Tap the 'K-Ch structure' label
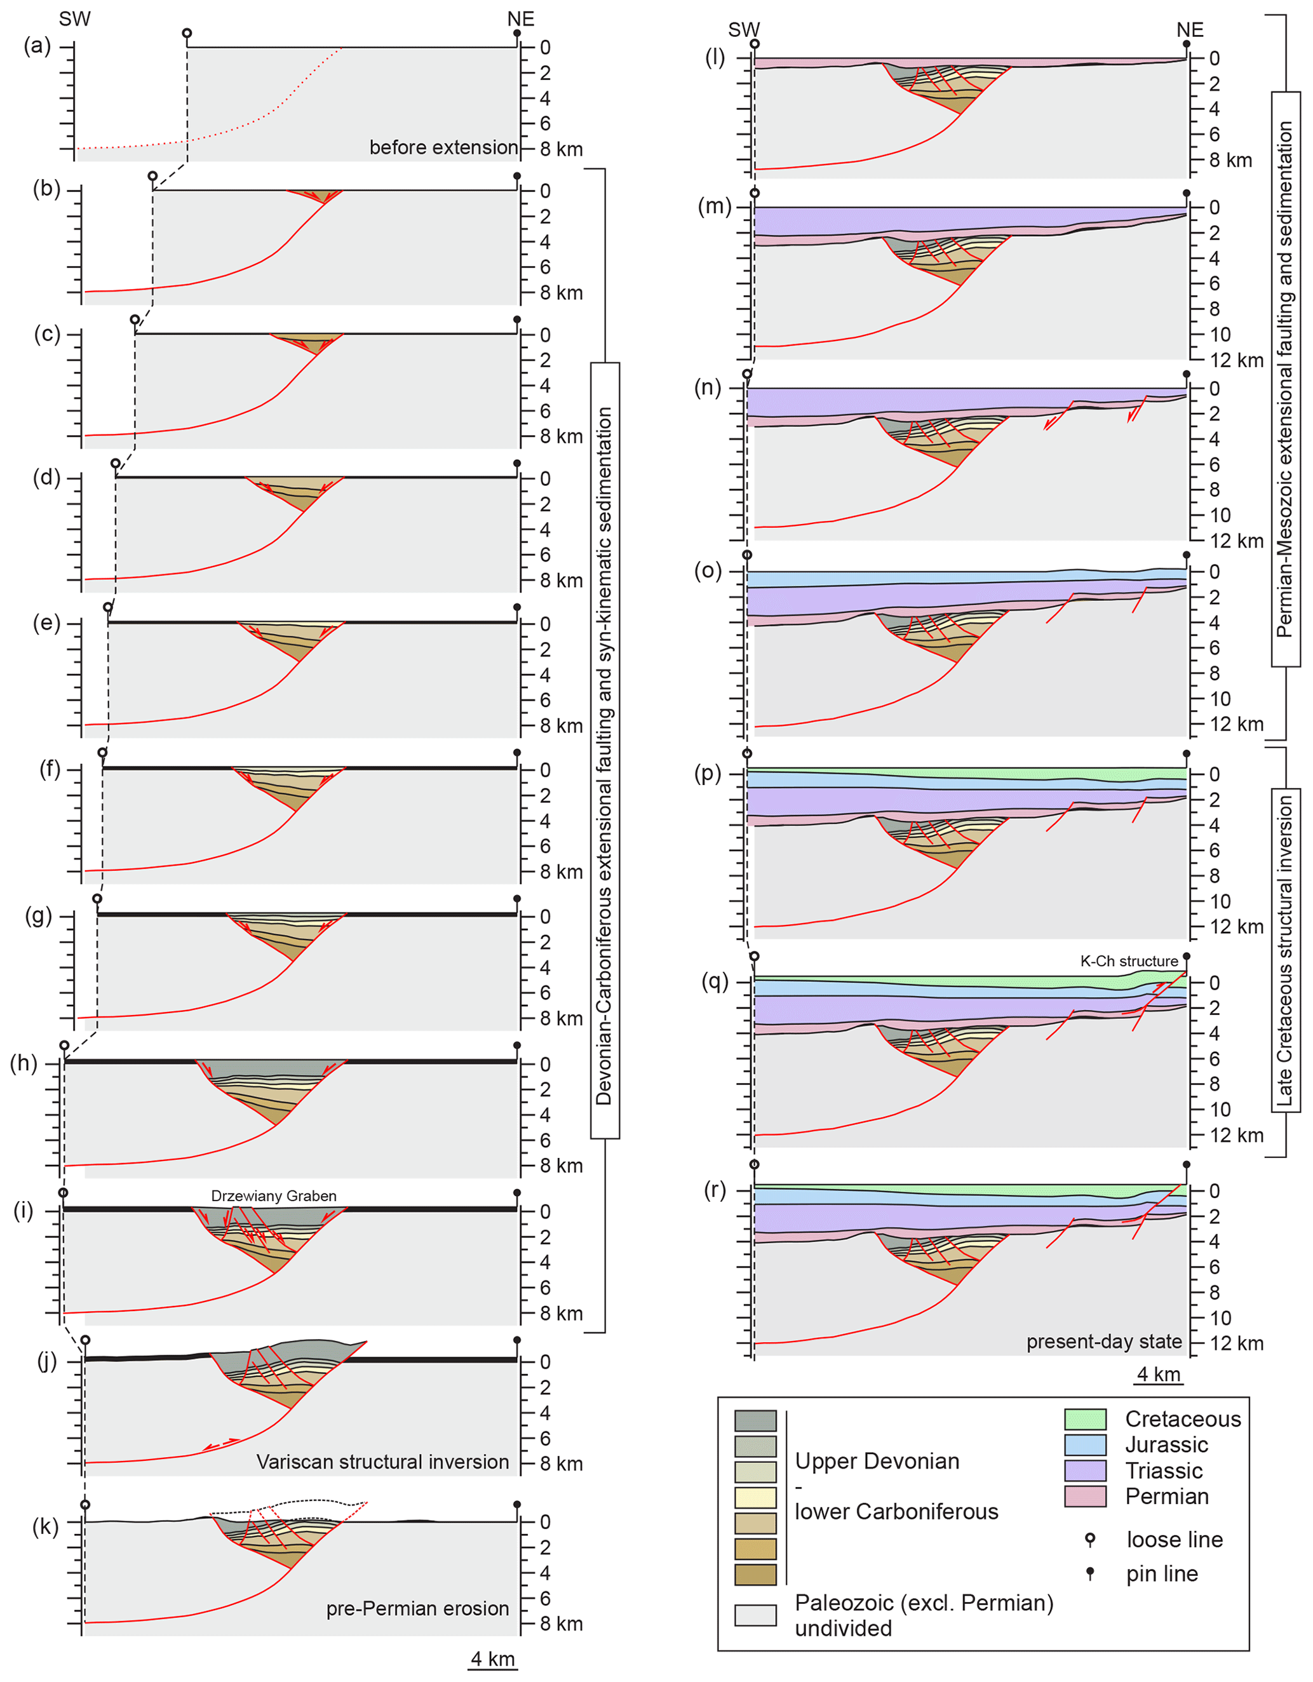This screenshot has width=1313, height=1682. coord(1129,961)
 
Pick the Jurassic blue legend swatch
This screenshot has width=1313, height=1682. coord(1085,1445)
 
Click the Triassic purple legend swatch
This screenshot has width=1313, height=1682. coord(1085,1471)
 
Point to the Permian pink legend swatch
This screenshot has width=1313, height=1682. coord(1085,1497)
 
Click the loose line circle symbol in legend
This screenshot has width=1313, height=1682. coord(1089,1538)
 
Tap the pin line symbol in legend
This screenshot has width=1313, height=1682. coord(1089,1572)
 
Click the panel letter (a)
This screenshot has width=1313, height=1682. coord(37,46)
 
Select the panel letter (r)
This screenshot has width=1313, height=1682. coord(715,1190)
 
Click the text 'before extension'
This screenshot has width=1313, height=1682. coord(443,147)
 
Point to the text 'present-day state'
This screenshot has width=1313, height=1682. coord(1103,1342)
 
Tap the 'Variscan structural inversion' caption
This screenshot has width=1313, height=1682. coord(383,1462)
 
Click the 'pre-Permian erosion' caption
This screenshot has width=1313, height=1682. coord(417,1608)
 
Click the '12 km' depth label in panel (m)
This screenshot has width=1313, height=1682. coord(1236,360)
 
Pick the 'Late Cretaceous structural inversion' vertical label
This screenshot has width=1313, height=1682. coord(1285,950)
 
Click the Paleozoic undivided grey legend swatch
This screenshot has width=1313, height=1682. coord(755,1615)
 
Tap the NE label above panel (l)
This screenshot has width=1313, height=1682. coord(1190,30)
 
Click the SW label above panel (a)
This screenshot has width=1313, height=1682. coord(75,19)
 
